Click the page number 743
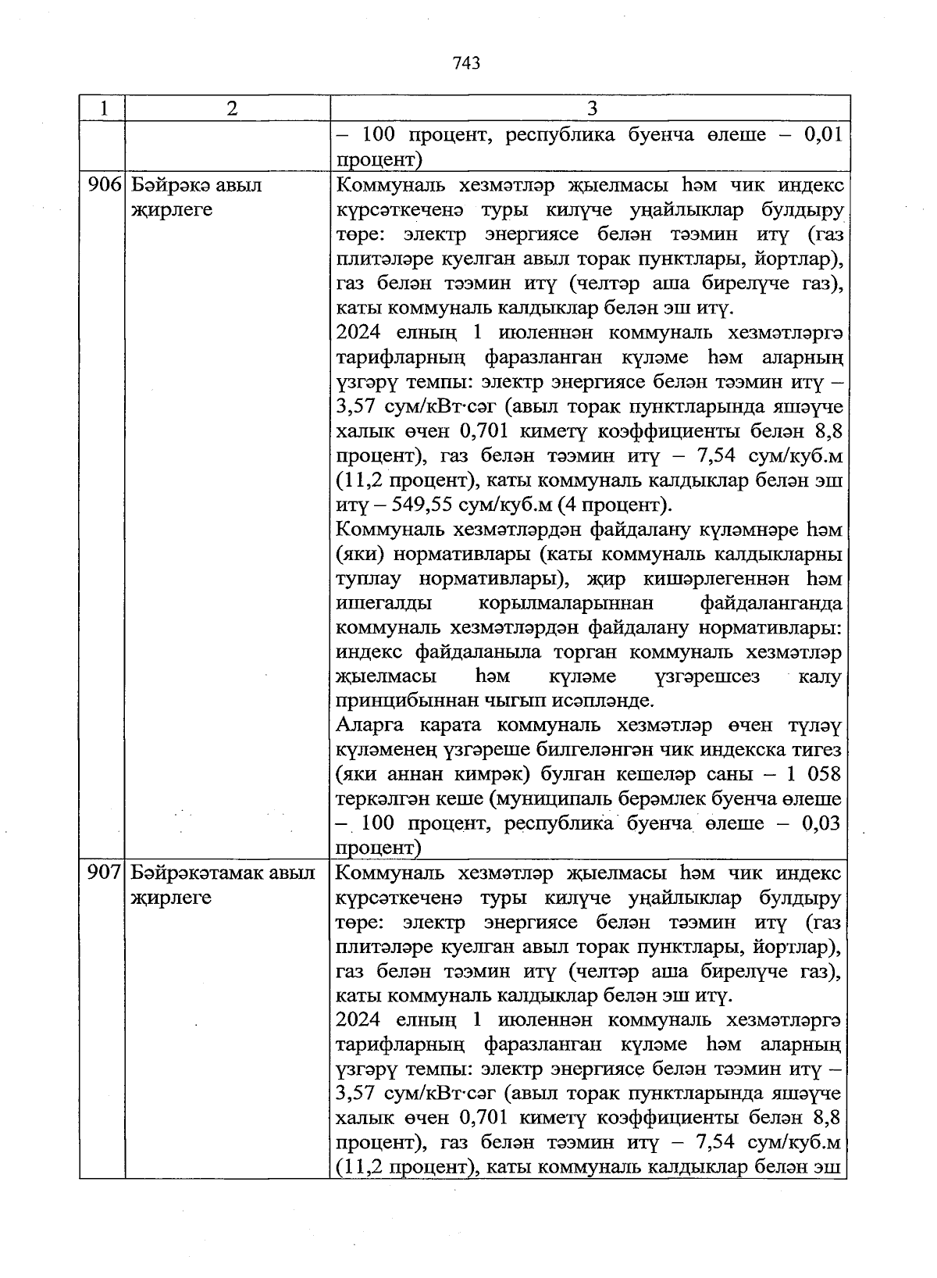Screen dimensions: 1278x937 coord(465,63)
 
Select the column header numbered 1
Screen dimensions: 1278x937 coord(102,108)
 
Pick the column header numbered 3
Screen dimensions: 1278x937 coord(591,108)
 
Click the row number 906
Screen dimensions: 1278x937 coord(102,186)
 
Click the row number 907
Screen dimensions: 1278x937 coord(102,873)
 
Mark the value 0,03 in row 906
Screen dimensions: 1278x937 coord(821,823)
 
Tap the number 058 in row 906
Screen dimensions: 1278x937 coord(821,774)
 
